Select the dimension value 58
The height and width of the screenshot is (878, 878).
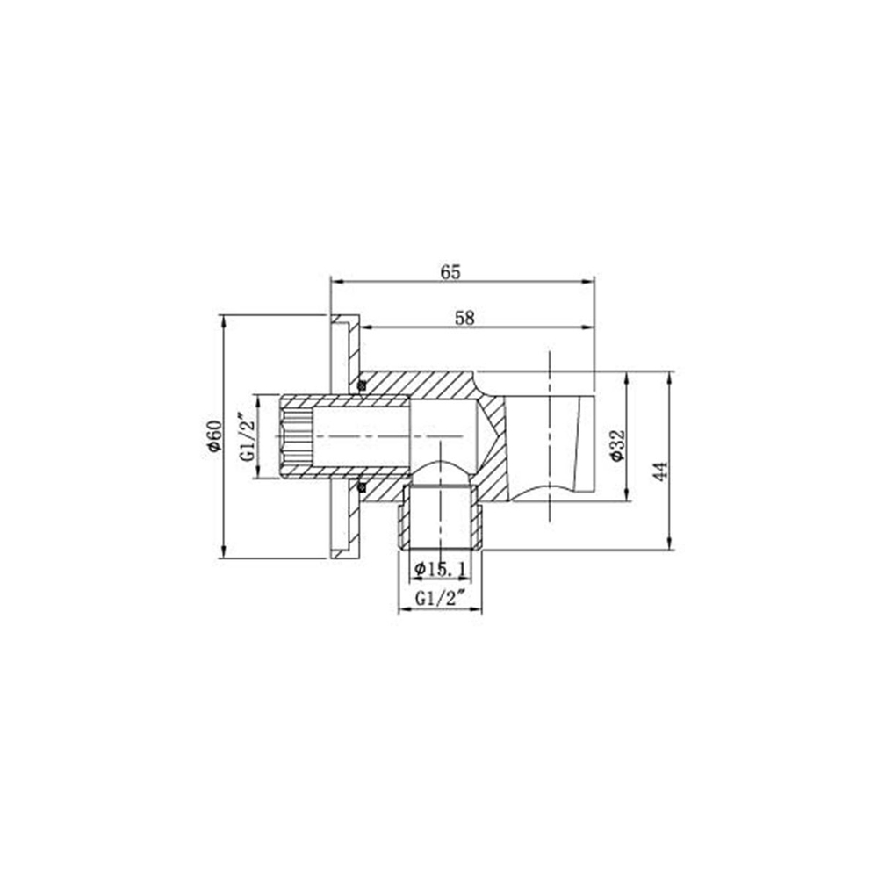click(464, 319)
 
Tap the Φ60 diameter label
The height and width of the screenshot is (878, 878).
click(212, 435)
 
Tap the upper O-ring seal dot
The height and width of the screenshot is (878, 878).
click(360, 384)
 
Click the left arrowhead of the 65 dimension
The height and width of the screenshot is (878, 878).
click(335, 282)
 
